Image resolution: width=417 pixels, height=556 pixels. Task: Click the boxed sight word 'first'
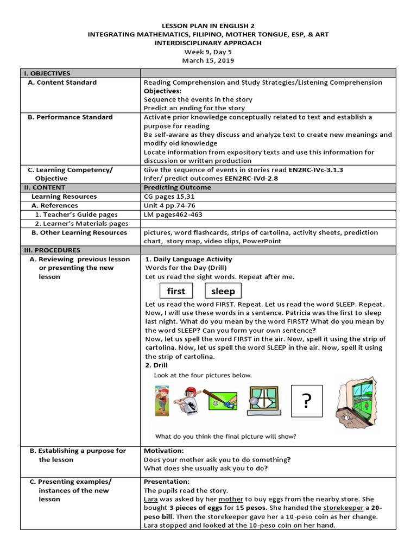coord(176,292)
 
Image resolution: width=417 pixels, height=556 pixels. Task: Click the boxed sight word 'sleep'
coord(223,292)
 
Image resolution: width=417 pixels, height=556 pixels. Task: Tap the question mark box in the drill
coord(307,401)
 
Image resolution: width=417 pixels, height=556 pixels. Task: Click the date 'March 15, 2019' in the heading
coord(208,61)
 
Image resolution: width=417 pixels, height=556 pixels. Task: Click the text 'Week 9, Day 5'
coord(208,52)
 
